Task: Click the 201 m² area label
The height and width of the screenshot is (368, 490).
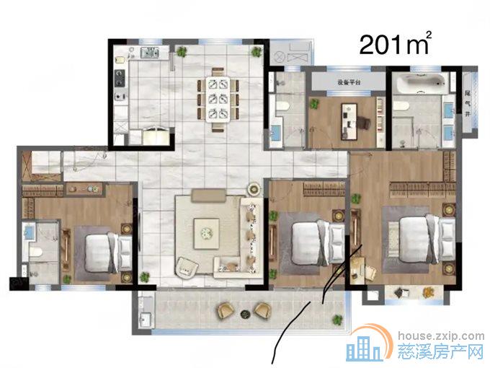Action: point(396,44)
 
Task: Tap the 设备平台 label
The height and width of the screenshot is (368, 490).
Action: point(349,82)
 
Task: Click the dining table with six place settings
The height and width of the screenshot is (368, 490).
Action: point(218,100)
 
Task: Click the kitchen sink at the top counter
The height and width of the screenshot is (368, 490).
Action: point(150,52)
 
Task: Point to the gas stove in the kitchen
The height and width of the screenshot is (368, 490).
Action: point(120,78)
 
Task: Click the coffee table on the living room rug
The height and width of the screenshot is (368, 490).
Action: point(206,234)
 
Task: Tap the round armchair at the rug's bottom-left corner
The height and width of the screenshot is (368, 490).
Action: point(187,268)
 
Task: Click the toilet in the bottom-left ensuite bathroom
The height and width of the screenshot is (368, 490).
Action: point(36,251)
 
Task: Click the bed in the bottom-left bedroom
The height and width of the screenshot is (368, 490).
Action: point(108,253)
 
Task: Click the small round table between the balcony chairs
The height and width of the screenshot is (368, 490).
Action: point(245,314)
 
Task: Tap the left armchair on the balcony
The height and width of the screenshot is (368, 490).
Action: point(226,311)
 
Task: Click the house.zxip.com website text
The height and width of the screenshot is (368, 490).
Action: point(441,336)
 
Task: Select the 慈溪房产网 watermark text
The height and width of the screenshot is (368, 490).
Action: point(440,351)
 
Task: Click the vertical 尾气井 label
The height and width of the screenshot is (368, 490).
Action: point(468,103)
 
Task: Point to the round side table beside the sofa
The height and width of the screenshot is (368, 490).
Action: point(254,189)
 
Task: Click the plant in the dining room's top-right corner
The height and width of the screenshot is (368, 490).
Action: point(257,52)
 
